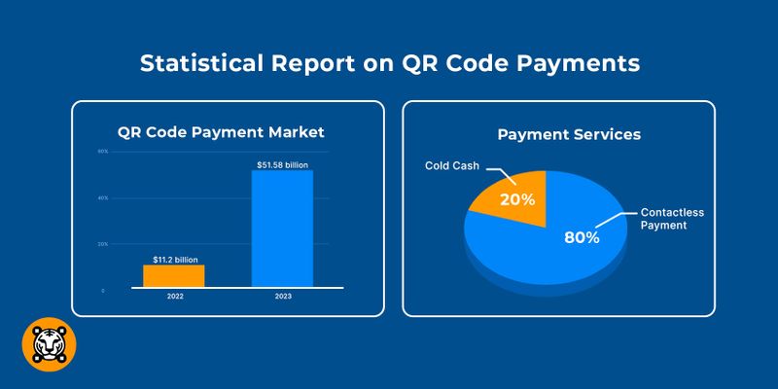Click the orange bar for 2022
[173, 275]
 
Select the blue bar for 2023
[282, 229]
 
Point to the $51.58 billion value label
[282, 165]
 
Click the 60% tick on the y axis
[102, 152]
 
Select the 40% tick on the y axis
[102, 198]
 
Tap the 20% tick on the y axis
[102, 244]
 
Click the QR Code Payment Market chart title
[221, 132]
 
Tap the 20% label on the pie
[517, 199]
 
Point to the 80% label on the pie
[582, 236]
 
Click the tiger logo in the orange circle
[49, 344]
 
